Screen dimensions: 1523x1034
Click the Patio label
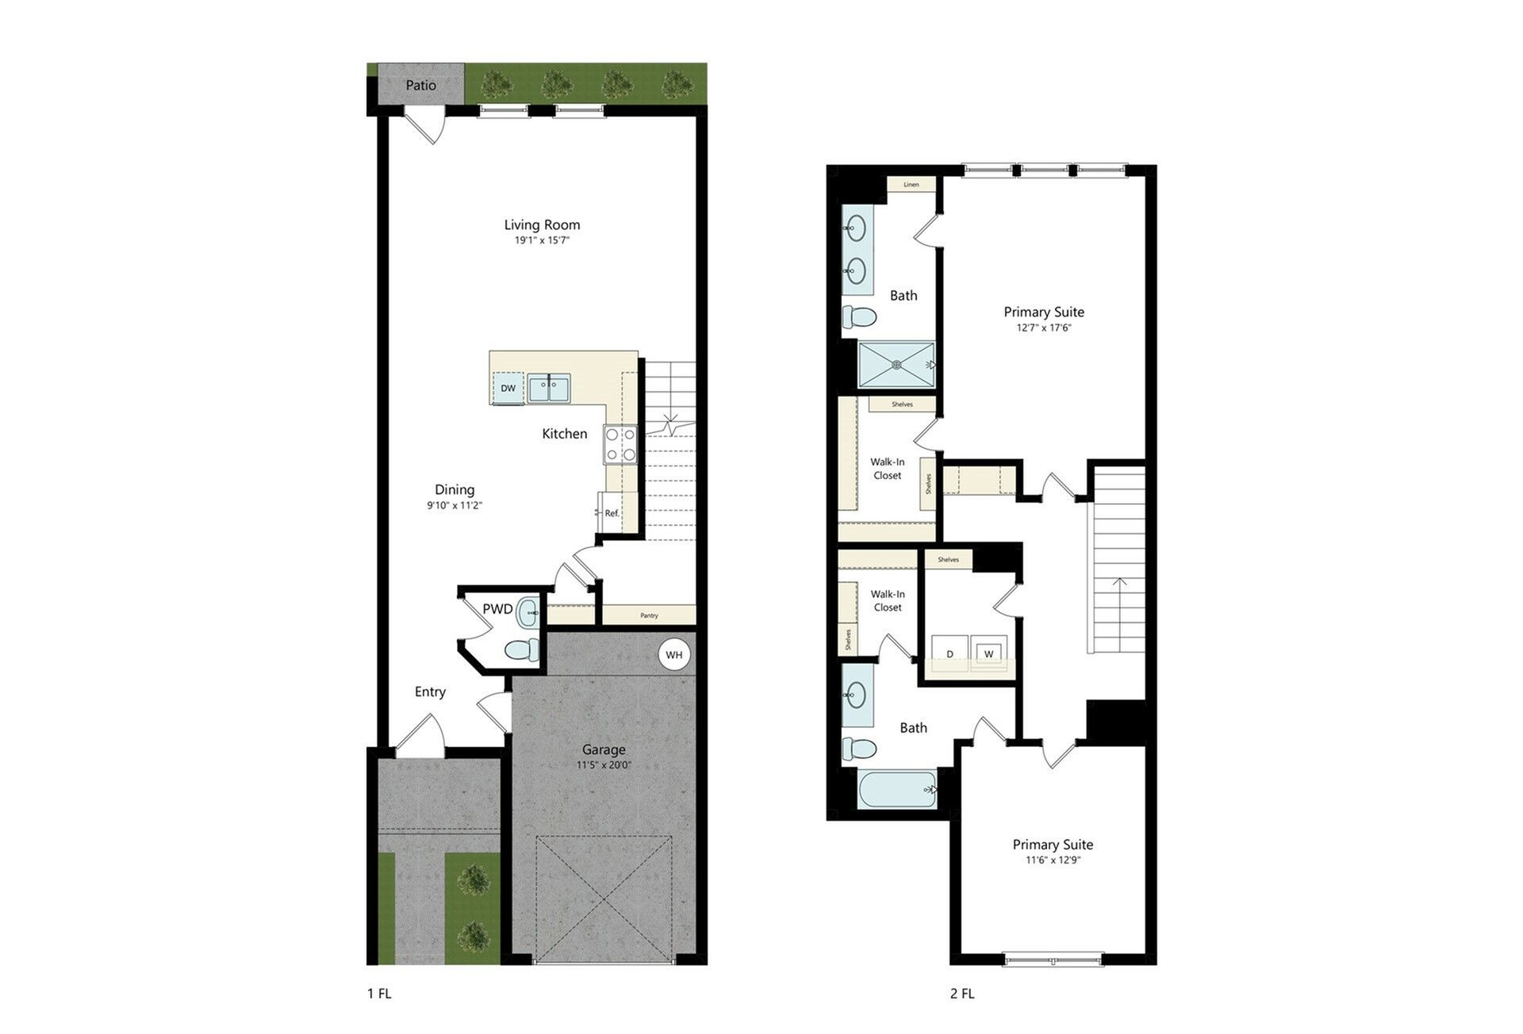tap(420, 85)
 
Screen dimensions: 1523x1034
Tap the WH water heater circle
tap(674, 655)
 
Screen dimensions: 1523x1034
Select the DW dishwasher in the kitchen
tap(508, 388)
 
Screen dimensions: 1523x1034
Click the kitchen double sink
tap(548, 389)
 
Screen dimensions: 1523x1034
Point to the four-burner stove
tap(621, 444)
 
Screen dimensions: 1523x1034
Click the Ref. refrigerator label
tap(612, 513)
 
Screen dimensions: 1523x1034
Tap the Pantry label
tap(649, 615)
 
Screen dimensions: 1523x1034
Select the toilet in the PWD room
tap(521, 650)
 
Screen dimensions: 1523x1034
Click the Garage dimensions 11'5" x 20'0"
tap(604, 765)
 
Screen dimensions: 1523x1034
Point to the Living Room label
tap(542, 224)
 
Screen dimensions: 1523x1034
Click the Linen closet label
tap(911, 185)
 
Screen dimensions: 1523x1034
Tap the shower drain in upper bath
tap(897, 365)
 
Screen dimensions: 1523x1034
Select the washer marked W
tap(988, 653)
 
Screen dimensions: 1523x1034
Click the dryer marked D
tap(949, 653)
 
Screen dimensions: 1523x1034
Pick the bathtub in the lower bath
tap(897, 790)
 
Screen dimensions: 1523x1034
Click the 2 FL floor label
tap(962, 994)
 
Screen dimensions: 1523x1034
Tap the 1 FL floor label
tap(378, 994)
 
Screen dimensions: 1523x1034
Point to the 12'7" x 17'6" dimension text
tap(1044, 327)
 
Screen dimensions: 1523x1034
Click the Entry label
tap(430, 691)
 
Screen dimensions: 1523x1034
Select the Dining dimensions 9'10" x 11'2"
tap(455, 505)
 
